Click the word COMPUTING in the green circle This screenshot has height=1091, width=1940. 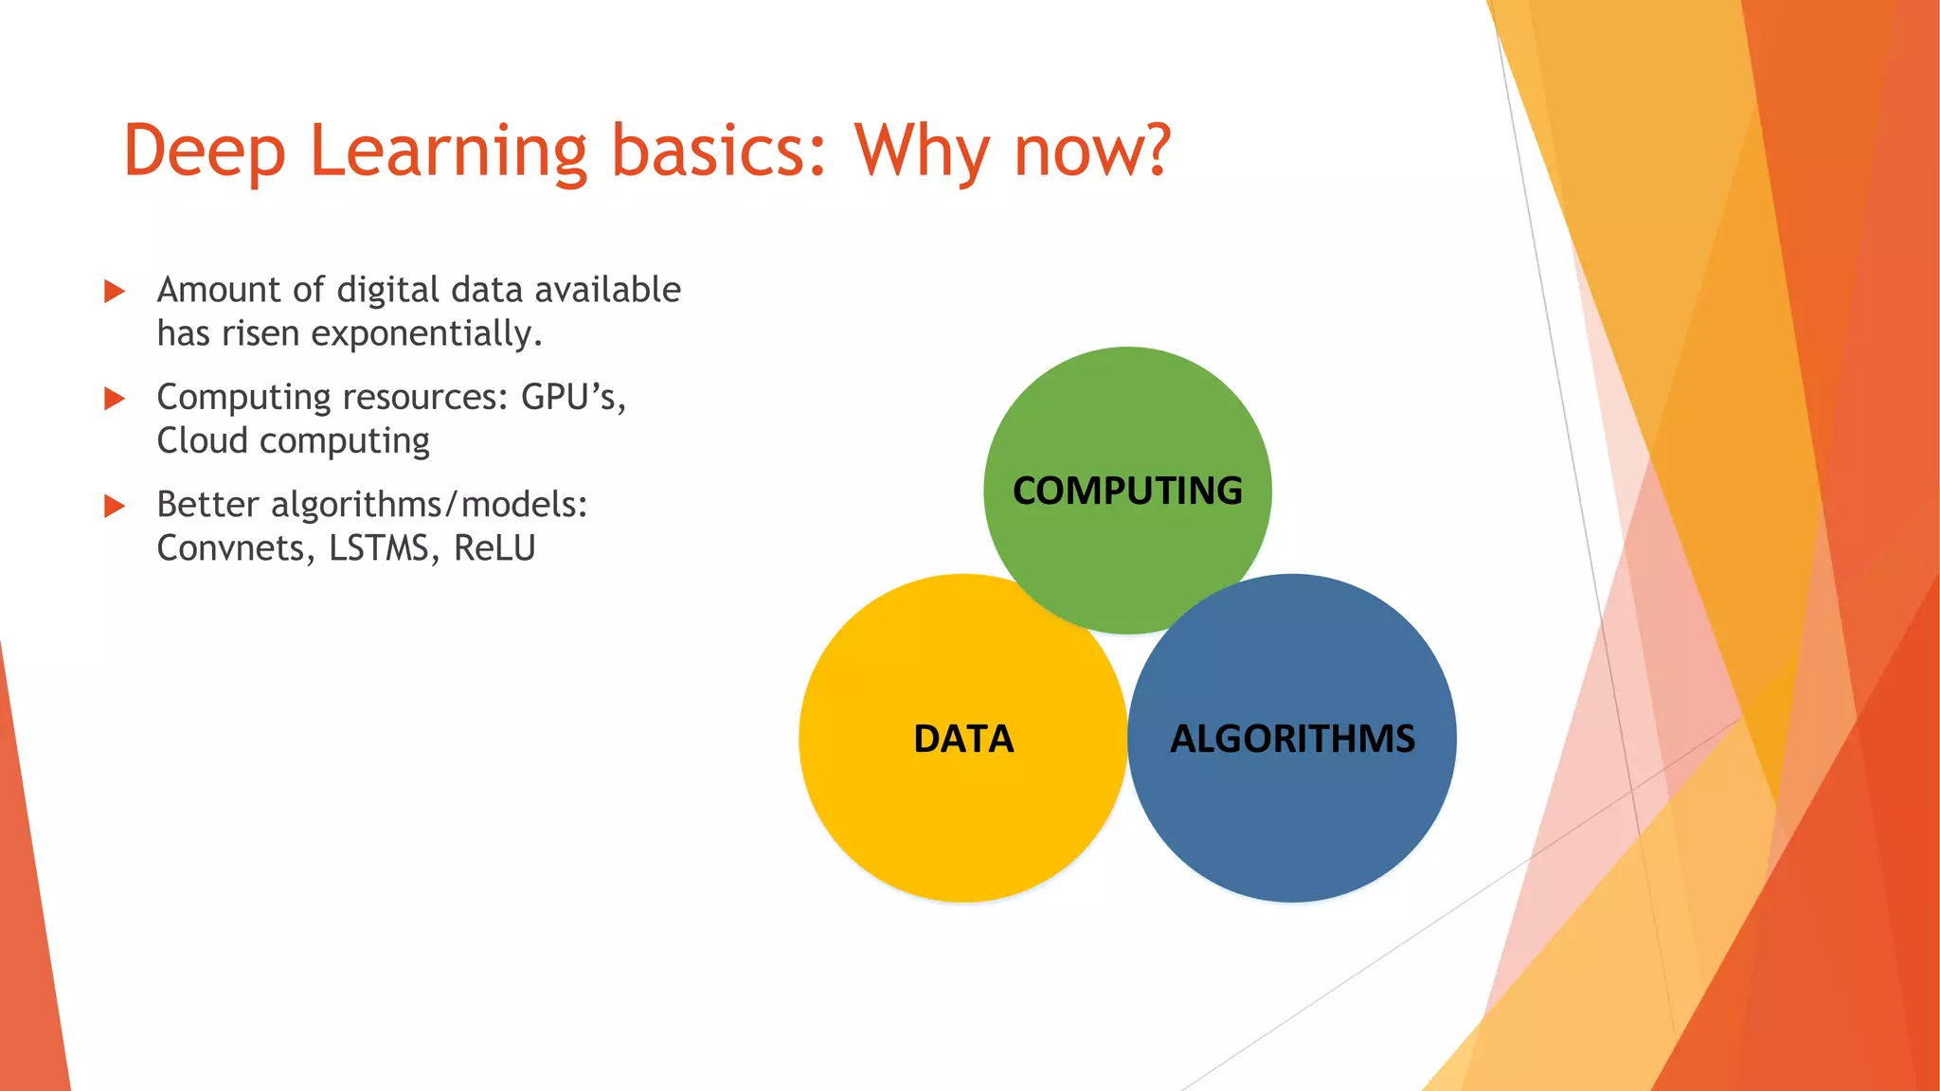click(1127, 491)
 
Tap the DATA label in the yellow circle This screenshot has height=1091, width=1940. click(963, 739)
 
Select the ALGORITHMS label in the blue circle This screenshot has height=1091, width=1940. click(1292, 739)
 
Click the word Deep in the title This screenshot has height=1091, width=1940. click(204, 152)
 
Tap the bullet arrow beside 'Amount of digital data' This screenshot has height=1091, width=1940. click(115, 291)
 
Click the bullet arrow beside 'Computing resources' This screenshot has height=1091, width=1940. click(115, 399)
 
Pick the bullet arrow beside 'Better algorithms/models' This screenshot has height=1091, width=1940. click(115, 506)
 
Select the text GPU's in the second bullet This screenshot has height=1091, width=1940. click(572, 398)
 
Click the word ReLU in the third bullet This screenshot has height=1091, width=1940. click(494, 548)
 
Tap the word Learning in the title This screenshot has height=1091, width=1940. click(447, 152)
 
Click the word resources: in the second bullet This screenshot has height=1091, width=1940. click(425, 398)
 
